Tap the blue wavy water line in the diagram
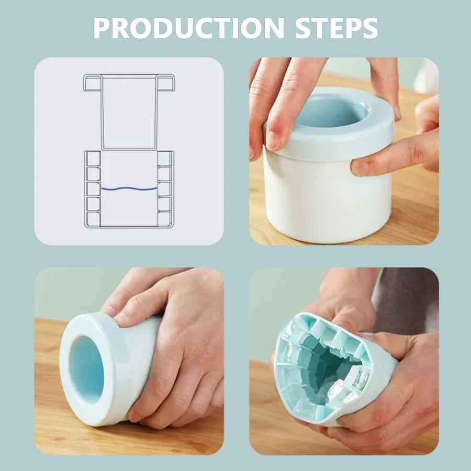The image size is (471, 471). click(129, 188)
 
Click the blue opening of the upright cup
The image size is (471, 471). click(330, 113)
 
